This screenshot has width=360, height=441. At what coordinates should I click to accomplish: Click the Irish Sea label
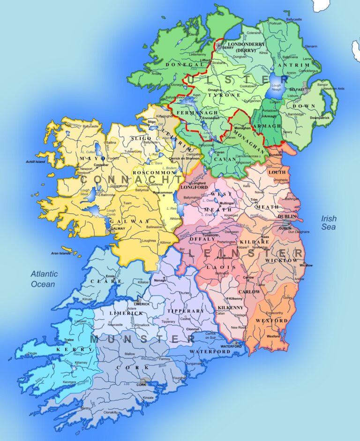click(329, 223)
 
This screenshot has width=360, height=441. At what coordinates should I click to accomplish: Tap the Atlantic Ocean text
click(44, 279)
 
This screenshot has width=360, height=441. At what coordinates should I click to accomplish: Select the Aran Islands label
click(61, 253)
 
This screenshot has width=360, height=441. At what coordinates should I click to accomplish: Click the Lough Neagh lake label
click(276, 88)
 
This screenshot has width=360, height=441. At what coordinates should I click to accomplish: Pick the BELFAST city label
click(297, 89)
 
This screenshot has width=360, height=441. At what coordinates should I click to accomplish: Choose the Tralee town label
click(68, 341)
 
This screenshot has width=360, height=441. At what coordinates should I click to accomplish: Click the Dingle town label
click(32, 353)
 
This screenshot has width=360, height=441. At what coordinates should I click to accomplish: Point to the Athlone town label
click(176, 219)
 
